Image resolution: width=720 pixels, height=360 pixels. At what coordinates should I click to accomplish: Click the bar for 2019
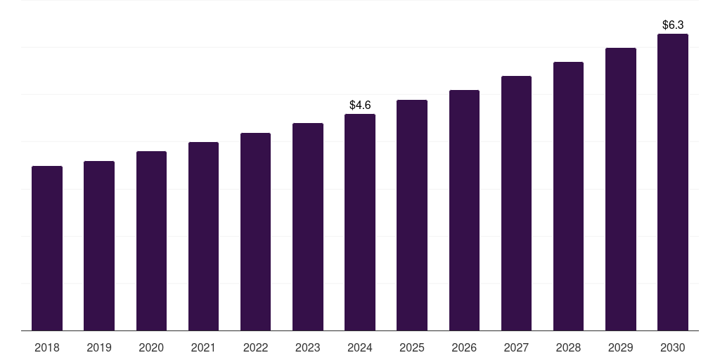coord(99,246)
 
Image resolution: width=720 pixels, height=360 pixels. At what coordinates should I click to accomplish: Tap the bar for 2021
coord(203,236)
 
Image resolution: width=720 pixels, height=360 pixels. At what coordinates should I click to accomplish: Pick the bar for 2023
coord(308,227)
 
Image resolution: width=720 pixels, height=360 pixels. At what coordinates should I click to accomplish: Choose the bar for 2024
coord(360,222)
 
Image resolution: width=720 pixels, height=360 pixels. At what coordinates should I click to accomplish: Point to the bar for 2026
coord(464,210)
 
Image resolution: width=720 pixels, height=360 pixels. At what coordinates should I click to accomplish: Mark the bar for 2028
coord(568,196)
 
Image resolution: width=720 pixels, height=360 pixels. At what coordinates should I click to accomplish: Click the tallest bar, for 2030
coord(673,182)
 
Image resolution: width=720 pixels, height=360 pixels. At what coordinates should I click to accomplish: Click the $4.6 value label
coord(360,105)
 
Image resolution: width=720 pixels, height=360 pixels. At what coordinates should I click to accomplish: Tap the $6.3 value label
coord(673,25)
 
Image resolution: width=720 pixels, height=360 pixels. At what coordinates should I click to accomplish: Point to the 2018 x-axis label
coord(47,347)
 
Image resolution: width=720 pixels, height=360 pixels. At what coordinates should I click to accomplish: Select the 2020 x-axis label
coord(151,347)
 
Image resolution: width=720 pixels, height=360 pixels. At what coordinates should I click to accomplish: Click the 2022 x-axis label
coord(255,347)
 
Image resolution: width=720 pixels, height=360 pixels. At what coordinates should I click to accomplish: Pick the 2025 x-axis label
coord(412,347)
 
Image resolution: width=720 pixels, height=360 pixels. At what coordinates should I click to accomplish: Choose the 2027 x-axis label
coord(516,347)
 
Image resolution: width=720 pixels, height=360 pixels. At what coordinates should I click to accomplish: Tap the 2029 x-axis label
coord(621,347)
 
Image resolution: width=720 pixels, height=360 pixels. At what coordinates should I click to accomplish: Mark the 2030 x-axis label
coord(673,347)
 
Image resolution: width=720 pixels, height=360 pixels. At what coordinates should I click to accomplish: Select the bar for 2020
coord(151,241)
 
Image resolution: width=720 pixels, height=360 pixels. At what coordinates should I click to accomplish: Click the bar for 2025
coord(412,215)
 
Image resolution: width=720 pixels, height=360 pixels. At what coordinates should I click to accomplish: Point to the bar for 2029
coord(621,189)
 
